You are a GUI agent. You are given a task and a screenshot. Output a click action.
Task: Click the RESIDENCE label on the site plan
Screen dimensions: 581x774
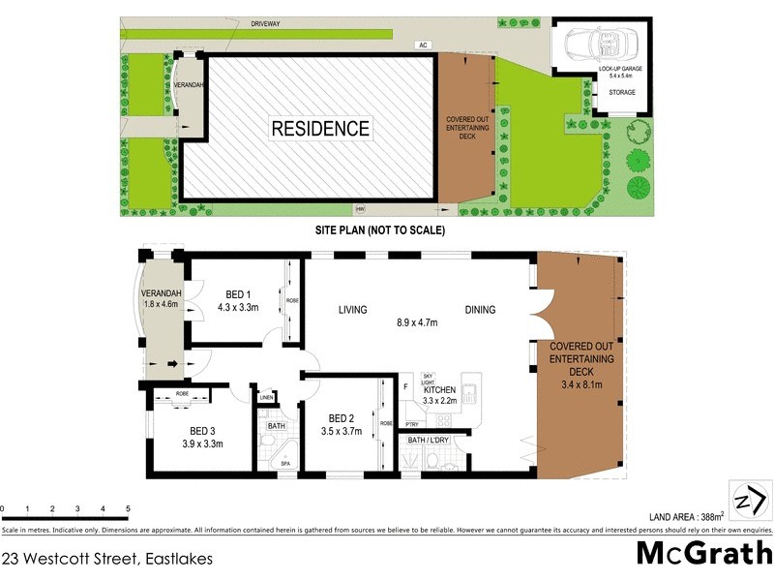[x=319, y=128]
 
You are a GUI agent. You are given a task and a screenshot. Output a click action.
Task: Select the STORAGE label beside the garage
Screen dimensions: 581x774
[x=622, y=92]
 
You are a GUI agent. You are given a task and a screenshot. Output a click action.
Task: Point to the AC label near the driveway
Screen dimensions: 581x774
[x=423, y=45]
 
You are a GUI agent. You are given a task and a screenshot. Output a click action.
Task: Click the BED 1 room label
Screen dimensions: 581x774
[x=238, y=294]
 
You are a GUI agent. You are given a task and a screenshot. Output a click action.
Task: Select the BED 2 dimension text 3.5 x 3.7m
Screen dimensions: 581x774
[x=342, y=432]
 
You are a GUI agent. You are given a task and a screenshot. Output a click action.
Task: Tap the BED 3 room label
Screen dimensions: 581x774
[x=203, y=431]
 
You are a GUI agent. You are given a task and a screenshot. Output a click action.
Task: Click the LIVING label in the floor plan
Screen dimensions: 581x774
[x=353, y=310]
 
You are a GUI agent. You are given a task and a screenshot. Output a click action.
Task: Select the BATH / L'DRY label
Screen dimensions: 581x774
[x=430, y=442]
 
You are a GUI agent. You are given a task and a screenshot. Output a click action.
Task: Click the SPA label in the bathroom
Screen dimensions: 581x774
[x=285, y=464]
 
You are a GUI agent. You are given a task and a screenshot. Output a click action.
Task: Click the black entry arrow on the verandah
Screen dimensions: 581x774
[x=173, y=365]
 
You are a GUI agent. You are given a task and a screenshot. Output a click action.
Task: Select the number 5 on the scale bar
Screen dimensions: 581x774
[x=128, y=508]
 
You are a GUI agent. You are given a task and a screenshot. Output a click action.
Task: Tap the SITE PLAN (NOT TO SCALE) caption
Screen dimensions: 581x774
[x=378, y=231]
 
